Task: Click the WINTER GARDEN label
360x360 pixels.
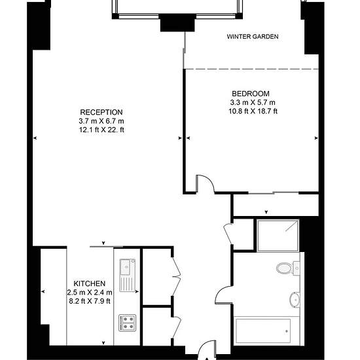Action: [253, 37]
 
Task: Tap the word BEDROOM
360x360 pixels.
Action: [251, 94]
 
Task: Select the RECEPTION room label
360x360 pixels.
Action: [101, 113]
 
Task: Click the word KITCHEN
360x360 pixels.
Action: [89, 283]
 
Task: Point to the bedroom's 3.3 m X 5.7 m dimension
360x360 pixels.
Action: [253, 102]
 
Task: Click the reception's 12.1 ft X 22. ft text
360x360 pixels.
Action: [101, 130]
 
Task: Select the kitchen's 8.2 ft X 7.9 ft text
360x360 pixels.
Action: [90, 301]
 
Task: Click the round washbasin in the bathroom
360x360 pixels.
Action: [295, 300]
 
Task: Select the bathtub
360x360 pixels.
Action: [263, 331]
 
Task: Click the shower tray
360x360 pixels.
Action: [278, 236]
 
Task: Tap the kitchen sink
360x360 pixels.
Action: [128, 275]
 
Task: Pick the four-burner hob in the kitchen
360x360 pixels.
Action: [128, 323]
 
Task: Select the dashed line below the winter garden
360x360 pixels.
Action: [252, 69]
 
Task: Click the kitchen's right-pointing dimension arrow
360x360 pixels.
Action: [137, 291]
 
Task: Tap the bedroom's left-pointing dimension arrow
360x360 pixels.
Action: [189, 138]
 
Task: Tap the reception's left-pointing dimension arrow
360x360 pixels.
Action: [35, 138]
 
